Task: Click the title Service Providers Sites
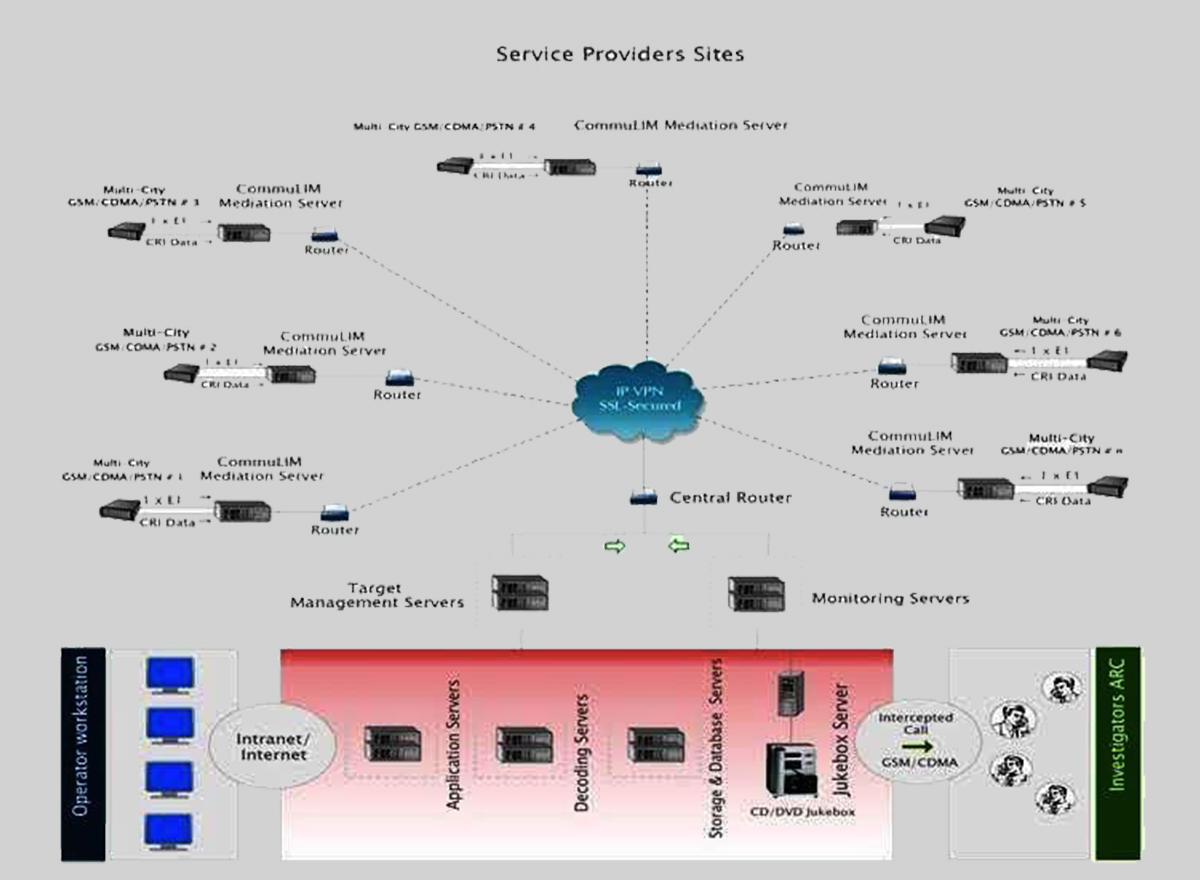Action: [x=620, y=54]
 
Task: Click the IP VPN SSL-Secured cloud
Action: [x=640, y=397]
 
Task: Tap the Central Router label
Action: [x=730, y=497]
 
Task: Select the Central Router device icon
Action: [x=643, y=498]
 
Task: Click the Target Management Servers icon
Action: [x=520, y=593]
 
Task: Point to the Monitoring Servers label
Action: [x=890, y=598]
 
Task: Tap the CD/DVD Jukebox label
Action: [x=803, y=812]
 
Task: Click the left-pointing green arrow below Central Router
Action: [x=679, y=546]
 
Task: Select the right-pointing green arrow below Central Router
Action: [x=615, y=546]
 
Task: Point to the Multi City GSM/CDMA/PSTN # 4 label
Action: [x=445, y=127]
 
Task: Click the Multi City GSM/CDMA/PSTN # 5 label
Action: [x=1025, y=196]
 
